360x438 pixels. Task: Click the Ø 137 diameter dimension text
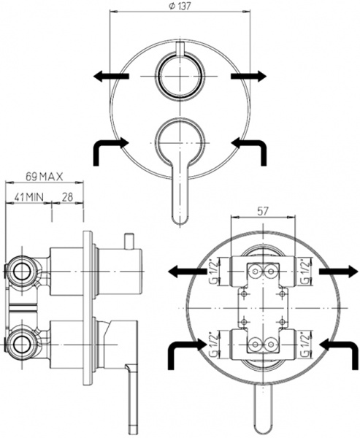[180, 7]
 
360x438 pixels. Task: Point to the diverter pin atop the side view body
[129, 240]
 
